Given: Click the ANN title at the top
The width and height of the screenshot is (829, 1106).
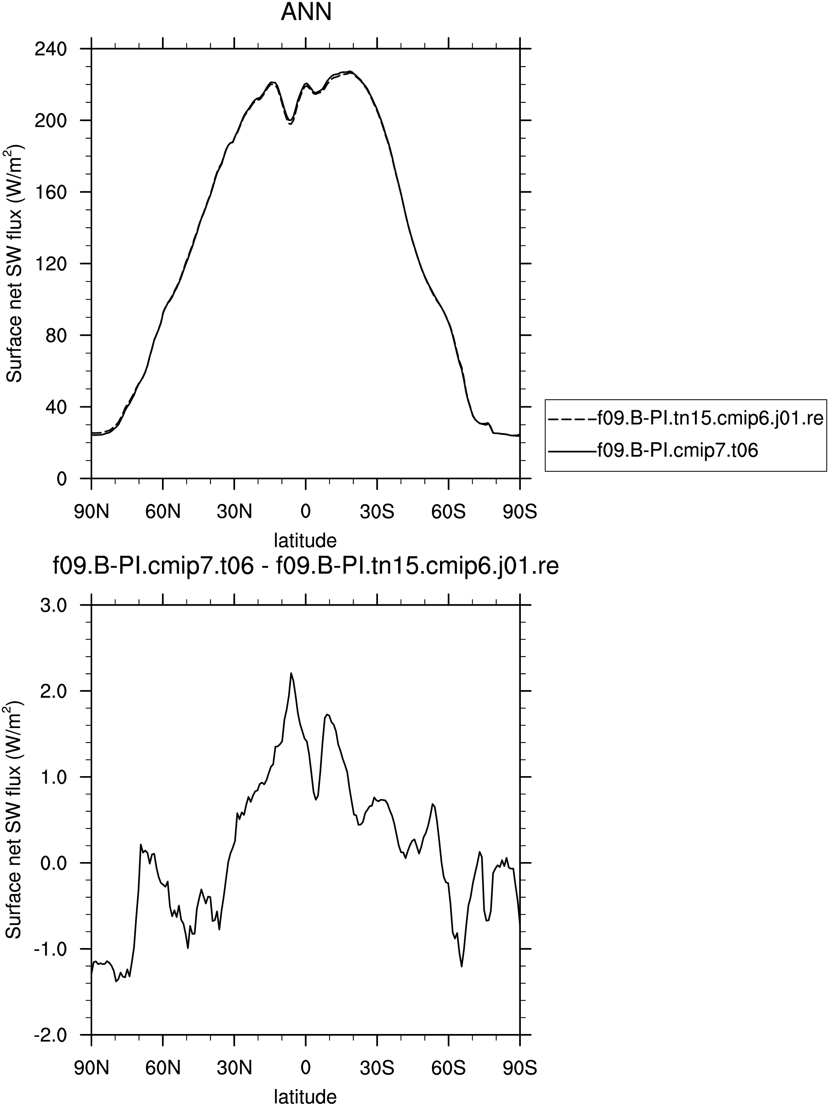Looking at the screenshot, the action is [306, 12].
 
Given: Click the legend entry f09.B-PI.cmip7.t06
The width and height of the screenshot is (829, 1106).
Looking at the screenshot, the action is [678, 450].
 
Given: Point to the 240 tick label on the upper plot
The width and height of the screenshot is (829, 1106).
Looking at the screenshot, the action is [50, 49].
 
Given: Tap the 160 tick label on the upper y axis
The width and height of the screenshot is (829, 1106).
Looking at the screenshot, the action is [50, 192].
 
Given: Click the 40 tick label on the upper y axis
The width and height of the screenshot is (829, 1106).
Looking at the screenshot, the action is [55, 407].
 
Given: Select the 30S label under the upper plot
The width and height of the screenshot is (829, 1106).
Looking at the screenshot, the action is [377, 512].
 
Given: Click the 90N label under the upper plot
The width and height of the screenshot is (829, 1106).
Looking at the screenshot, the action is [91, 512].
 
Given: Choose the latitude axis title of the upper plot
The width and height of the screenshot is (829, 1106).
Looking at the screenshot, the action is [306, 540].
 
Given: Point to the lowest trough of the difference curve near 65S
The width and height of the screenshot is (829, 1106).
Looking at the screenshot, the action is [461, 966].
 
